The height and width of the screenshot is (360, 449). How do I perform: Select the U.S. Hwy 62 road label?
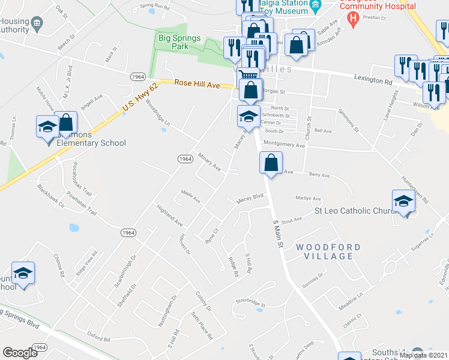pos(139,97)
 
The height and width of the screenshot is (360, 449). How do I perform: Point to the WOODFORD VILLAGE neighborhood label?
pos(328,251)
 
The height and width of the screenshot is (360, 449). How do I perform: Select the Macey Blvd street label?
pos(250,197)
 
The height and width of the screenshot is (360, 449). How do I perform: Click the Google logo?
pos(20,353)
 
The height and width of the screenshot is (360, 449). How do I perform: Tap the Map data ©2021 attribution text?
pos(423,355)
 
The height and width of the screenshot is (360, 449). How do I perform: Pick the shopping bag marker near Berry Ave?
pos(271,163)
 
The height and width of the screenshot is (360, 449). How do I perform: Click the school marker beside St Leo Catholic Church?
pos(403,201)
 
